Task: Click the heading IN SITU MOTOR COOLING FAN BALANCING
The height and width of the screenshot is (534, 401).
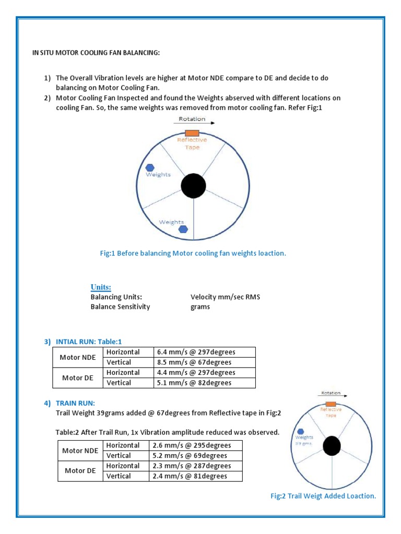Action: point(97,53)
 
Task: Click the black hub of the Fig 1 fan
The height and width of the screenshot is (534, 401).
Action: point(193,186)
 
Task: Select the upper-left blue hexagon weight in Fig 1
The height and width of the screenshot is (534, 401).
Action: point(150,167)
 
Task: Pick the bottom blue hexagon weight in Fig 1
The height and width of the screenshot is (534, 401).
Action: point(183,229)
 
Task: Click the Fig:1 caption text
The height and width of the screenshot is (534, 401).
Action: point(193,253)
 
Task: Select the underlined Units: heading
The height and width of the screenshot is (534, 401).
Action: point(101,287)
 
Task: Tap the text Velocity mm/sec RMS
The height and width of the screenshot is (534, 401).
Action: point(226,297)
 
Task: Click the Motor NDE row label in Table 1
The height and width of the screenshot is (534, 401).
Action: point(78,357)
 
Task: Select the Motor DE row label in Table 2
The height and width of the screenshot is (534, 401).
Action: point(80,470)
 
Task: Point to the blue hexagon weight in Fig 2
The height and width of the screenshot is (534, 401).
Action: point(300,431)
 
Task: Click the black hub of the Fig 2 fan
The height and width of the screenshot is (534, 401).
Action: point(332,446)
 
